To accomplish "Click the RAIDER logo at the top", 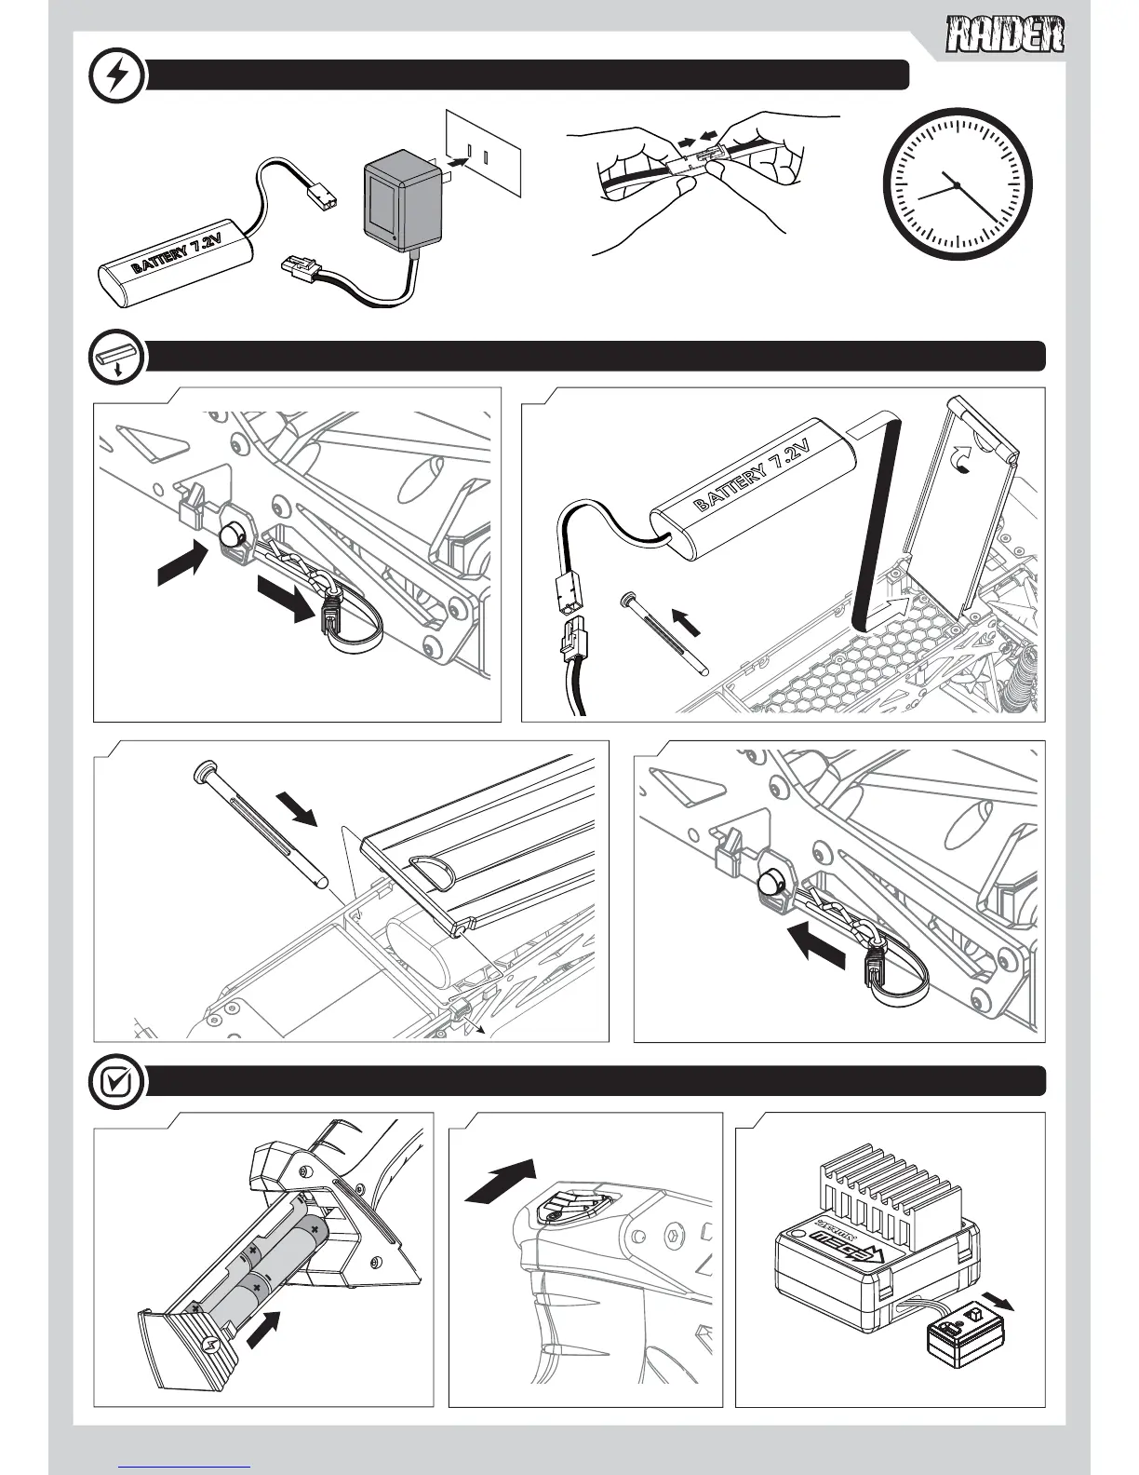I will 1006,38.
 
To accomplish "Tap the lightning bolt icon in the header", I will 116,75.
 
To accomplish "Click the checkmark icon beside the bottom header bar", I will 116,1082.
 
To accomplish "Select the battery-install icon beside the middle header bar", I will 116,357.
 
